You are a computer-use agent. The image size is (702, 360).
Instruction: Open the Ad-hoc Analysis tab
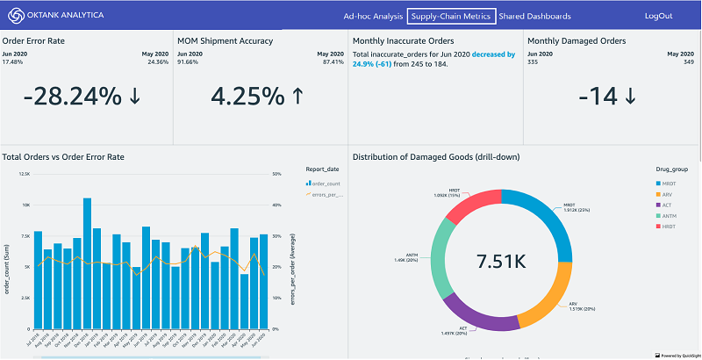click(x=373, y=16)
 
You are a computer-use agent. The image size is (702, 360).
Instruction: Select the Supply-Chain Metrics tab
click(x=452, y=16)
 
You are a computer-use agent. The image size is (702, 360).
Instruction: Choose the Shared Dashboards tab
click(x=534, y=16)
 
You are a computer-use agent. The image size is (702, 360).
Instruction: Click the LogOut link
click(x=658, y=16)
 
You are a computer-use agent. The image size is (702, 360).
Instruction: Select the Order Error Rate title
click(x=33, y=40)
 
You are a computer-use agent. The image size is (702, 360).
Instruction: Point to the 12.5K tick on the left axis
click(x=24, y=174)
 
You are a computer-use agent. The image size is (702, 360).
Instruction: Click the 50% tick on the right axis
click(x=276, y=174)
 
